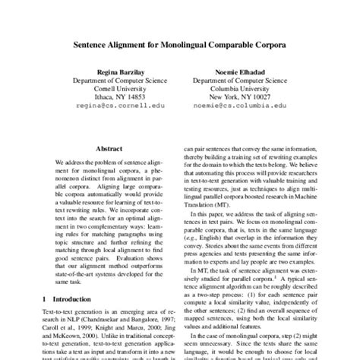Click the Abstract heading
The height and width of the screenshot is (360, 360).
(x=106, y=150)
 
